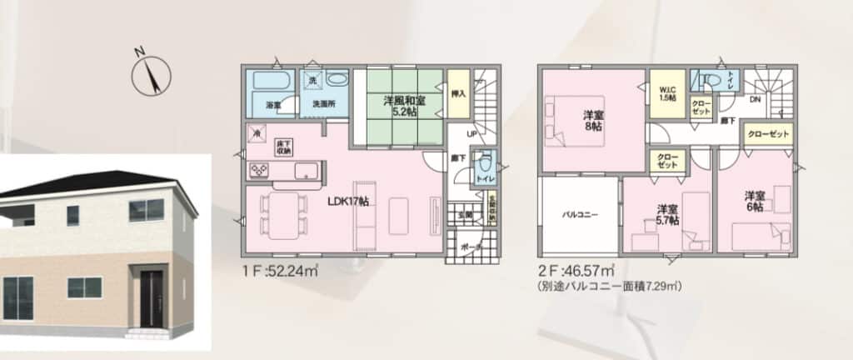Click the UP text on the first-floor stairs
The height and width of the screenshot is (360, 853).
471,132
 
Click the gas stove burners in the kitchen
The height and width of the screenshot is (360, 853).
258,170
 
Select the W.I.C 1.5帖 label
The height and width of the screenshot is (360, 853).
667,94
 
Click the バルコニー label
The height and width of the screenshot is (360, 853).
577,214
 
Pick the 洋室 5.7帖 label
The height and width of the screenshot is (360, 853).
666,213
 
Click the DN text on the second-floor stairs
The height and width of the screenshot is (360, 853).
755,99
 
